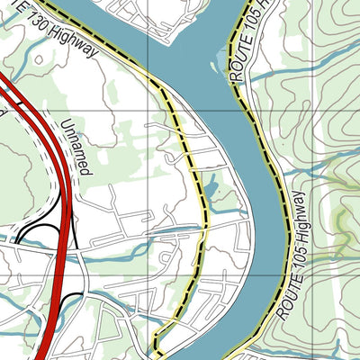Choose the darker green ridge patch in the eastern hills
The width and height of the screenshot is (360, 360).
coord(340,220)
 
